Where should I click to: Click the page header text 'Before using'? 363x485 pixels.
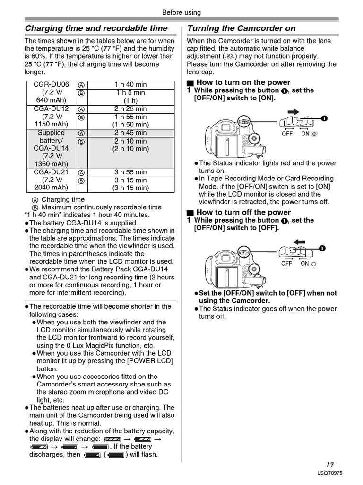pyautogui.click(x=181, y=12)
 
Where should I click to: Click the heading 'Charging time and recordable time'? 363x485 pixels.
pyautogui.click(x=96, y=28)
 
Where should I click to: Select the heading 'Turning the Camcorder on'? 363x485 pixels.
pyautogui.click(x=242, y=28)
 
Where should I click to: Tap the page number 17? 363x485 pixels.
pyautogui.click(x=329, y=465)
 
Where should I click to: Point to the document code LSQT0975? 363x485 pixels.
pyautogui.click(x=330, y=473)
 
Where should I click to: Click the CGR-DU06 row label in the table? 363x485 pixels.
pyautogui.click(x=51, y=85)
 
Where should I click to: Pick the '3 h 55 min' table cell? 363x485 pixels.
pyautogui.click(x=130, y=172)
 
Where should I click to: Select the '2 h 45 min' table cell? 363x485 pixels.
pyautogui.click(x=130, y=133)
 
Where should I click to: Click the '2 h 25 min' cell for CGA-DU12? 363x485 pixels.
pyautogui.click(x=130, y=108)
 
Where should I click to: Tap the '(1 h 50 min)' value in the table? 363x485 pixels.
pyautogui.click(x=130, y=125)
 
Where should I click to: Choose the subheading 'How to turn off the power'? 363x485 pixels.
pyautogui.click(x=243, y=212)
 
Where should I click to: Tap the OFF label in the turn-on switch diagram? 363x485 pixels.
pyautogui.click(x=287, y=134)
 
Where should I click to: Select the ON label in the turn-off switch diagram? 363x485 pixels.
pyautogui.click(x=305, y=263)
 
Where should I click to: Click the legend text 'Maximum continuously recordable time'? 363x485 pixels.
pyautogui.click(x=101, y=207)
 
